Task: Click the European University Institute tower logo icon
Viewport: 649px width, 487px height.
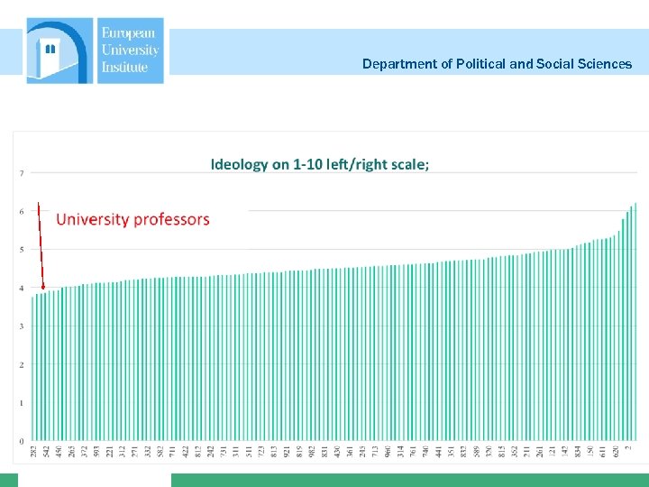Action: point(59,51)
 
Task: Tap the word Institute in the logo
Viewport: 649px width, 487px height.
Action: point(124,67)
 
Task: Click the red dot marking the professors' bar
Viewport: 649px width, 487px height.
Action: point(43,287)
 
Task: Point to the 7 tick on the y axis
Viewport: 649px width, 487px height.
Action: point(21,172)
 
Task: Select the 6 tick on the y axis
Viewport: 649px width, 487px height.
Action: point(21,211)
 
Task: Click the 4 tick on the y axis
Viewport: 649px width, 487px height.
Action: point(21,288)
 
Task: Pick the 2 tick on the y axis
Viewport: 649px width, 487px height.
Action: point(21,364)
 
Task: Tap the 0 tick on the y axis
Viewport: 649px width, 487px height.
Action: point(21,441)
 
